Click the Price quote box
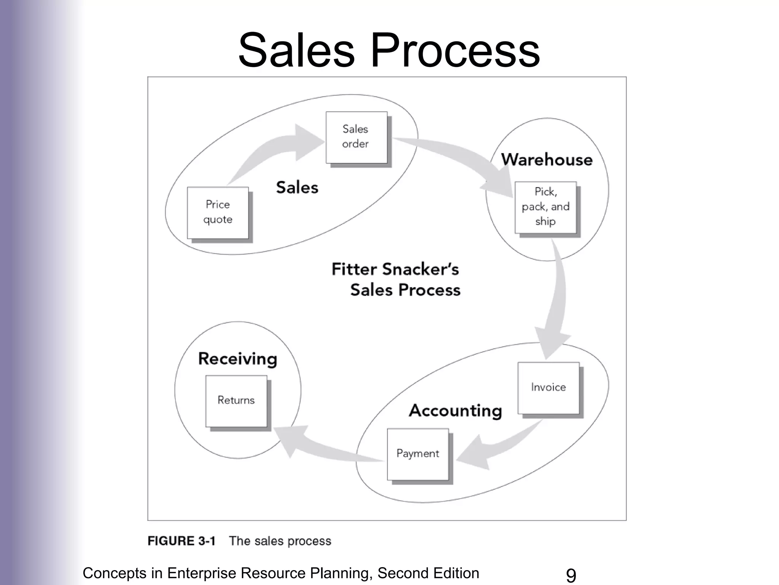pyautogui.click(x=218, y=213)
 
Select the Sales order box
pyautogui.click(x=356, y=137)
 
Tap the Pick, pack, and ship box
pyautogui.click(x=545, y=207)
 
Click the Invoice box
pyautogui.click(x=548, y=388)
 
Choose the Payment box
pyautogui.click(x=418, y=454)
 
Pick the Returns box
pyautogui.click(x=236, y=401)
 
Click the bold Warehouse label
pyautogui.click(x=547, y=160)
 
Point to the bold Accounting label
pyautogui.click(x=455, y=411)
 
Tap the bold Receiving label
pyautogui.click(x=238, y=359)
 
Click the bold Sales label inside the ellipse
pyautogui.click(x=297, y=188)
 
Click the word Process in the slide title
pyautogui.click(x=455, y=51)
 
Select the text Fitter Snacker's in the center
pyautogui.click(x=395, y=270)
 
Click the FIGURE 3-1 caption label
pyautogui.click(x=181, y=541)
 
